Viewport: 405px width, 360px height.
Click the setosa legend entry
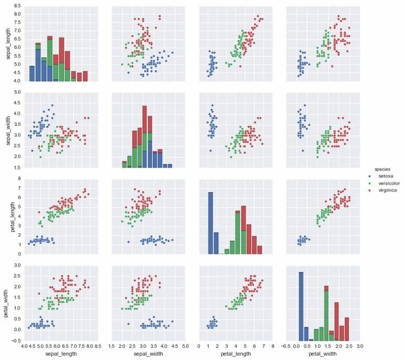386,176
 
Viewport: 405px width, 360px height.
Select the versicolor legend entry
389,183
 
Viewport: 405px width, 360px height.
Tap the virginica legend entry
386,190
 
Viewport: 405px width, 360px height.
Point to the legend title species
383,168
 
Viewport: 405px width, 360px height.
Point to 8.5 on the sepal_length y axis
18,5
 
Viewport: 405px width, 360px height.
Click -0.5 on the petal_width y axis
16,341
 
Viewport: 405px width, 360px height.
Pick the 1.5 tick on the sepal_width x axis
111,347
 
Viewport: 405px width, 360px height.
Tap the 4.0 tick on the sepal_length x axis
24,347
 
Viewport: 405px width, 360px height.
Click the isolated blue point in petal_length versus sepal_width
128,242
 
